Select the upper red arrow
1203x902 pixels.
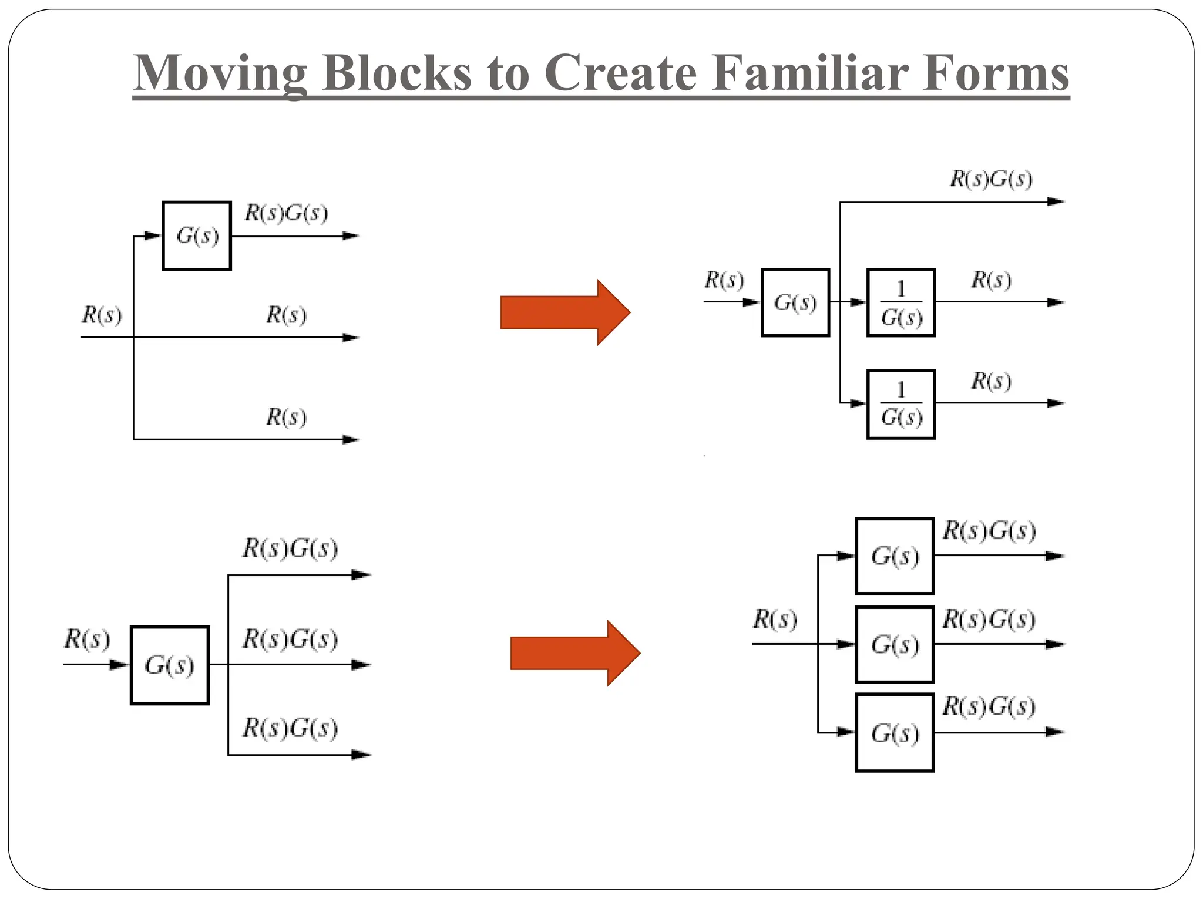[564, 312]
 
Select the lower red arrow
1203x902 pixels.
[574, 653]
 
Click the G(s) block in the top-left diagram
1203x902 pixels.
[197, 235]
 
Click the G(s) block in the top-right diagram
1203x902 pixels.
[795, 302]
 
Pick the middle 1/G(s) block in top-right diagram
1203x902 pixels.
[901, 303]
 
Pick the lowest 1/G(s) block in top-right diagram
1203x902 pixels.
[901, 404]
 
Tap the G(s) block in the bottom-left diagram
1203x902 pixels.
[170, 665]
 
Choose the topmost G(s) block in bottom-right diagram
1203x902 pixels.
[895, 556]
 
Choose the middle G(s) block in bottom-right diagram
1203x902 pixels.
[895, 645]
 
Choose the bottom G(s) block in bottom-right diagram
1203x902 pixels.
[895, 733]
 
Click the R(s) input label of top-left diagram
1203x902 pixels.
[102, 315]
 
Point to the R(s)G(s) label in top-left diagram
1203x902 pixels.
[286, 213]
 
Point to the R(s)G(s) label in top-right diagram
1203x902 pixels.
[991, 179]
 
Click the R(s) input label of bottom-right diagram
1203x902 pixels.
[775, 620]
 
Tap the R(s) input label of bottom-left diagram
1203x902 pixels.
[87, 639]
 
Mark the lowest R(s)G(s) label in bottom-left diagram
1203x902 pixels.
[290, 728]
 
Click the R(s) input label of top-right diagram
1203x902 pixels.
[724, 280]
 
